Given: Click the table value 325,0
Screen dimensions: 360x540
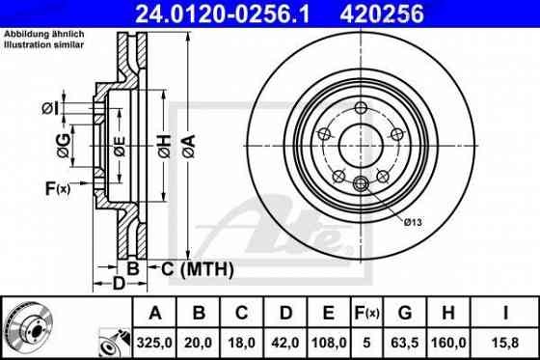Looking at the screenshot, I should tap(156, 340).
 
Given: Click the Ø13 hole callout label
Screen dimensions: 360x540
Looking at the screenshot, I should tap(413, 222).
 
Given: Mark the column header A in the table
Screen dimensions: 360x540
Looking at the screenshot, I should tap(156, 313).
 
